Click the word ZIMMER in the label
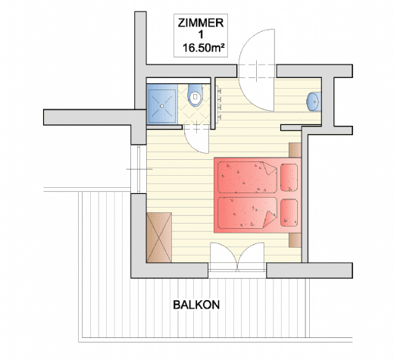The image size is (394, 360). [x=201, y=23]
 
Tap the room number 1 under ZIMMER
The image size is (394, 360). [x=201, y=35]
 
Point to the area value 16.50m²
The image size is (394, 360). [x=204, y=48]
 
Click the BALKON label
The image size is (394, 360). [x=196, y=305]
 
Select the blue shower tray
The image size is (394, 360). [x=162, y=104]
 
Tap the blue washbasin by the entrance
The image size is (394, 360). [x=314, y=102]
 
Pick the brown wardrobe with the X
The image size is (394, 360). [x=159, y=237]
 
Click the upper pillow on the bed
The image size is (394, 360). [x=289, y=177]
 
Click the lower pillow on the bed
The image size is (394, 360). [x=289, y=213]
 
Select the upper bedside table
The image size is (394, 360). [x=295, y=150]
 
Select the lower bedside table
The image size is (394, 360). [x=295, y=240]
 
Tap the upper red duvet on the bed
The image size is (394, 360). [x=247, y=177]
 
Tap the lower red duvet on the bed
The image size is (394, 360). [x=247, y=213]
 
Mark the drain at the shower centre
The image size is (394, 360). [x=162, y=106]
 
